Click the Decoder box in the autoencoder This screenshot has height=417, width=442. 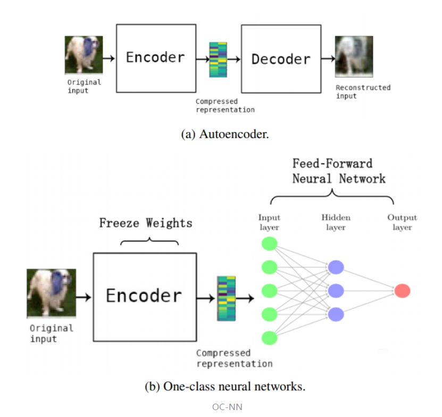pos(280,59)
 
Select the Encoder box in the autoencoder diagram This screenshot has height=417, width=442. pos(155,58)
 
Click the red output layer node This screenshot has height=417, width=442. pos(402,291)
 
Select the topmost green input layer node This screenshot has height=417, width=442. pos(270,244)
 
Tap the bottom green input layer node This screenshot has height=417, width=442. pos(270,338)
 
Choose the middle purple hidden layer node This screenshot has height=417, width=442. pos(336,291)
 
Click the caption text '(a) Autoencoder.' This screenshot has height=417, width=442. pos(225,134)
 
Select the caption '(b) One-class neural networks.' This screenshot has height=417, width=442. pos(225,387)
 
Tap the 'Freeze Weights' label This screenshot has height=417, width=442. pos(146,223)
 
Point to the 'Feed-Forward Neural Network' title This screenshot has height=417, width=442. pos(338,171)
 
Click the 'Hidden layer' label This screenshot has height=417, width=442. pos(336,222)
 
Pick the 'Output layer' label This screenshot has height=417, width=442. pos(402,222)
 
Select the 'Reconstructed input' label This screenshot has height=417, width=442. pos(363,92)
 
